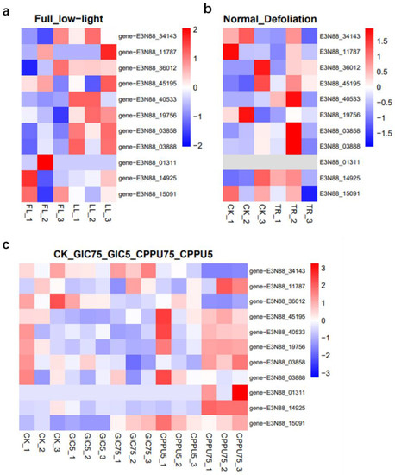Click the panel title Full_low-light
point(54,17)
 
